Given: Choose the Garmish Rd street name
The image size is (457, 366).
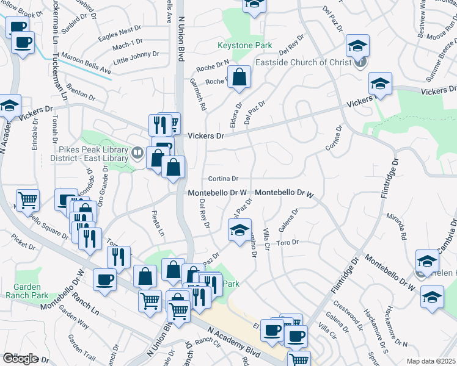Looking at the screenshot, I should (199, 94).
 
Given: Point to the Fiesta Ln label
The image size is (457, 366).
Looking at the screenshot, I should (158, 224).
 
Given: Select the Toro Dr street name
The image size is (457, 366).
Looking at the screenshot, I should (286, 242).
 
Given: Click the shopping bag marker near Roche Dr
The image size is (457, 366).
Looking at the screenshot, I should (241, 77).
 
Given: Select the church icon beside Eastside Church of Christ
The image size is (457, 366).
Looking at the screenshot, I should (361, 62).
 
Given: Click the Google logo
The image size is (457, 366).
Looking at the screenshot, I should (20, 359).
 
